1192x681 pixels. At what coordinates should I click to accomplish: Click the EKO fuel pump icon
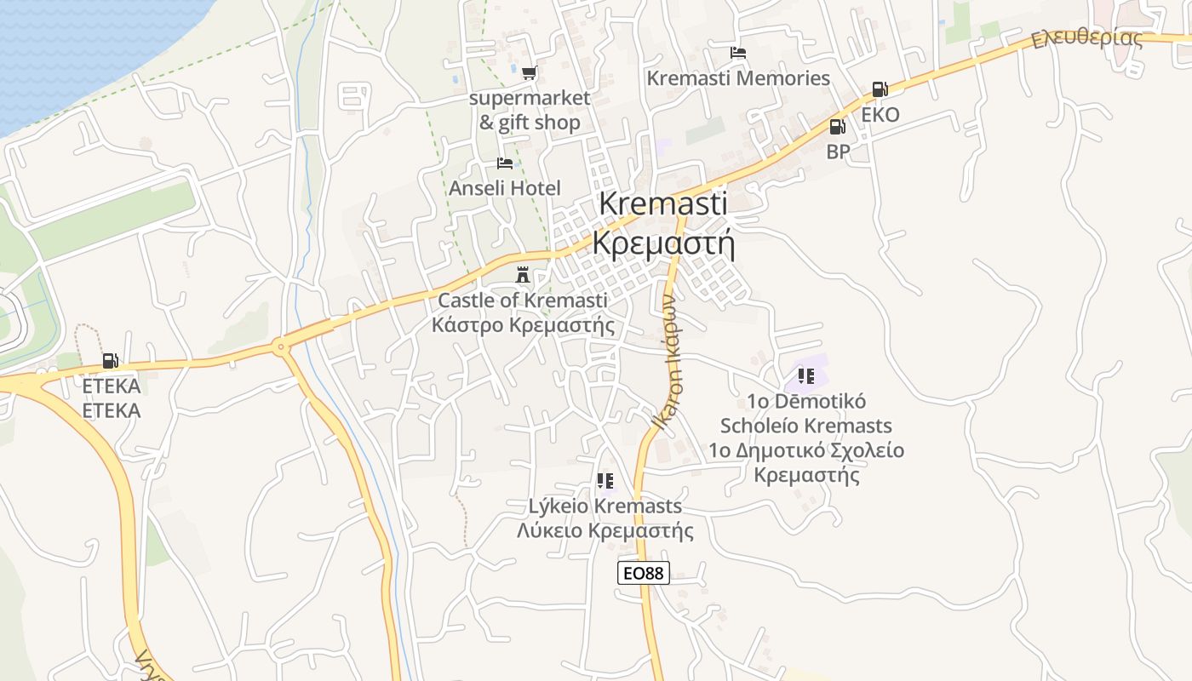point(880,89)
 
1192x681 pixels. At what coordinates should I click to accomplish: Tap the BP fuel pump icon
point(838,127)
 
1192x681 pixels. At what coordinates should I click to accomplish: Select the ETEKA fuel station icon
point(110,361)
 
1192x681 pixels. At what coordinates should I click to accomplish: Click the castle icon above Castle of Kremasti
point(523,275)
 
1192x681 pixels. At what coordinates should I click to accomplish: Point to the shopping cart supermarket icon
point(530,73)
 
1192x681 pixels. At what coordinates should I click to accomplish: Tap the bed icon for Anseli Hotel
point(505,163)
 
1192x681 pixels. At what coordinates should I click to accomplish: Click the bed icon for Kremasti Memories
point(738,53)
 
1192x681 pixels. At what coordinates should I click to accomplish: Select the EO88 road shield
point(643,573)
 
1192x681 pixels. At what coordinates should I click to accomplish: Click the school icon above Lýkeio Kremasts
point(605,481)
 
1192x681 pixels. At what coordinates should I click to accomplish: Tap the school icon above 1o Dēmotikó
point(805,375)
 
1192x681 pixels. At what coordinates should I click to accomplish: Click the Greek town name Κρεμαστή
point(663,244)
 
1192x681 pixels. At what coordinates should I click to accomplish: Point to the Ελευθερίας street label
point(1086,38)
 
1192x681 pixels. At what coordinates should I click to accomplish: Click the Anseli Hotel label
point(505,187)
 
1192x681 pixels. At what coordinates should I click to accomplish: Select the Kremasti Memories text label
point(738,78)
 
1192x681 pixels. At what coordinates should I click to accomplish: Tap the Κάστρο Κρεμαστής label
point(523,324)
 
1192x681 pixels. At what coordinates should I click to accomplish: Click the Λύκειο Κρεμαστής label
point(605,530)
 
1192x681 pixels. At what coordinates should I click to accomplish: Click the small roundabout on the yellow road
point(280,346)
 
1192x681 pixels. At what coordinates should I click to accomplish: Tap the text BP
point(838,152)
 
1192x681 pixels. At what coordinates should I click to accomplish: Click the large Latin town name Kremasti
point(663,203)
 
